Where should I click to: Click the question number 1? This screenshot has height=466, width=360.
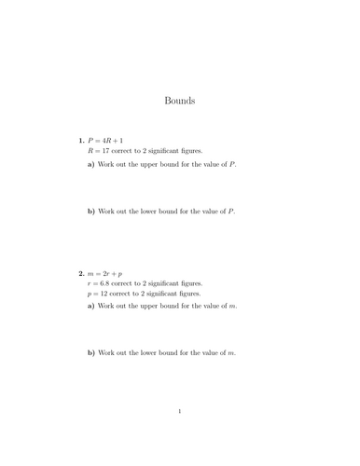(81, 140)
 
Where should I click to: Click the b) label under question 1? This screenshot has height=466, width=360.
(91, 212)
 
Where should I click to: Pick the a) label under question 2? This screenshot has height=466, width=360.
(91, 307)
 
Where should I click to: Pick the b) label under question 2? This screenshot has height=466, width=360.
(91, 353)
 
